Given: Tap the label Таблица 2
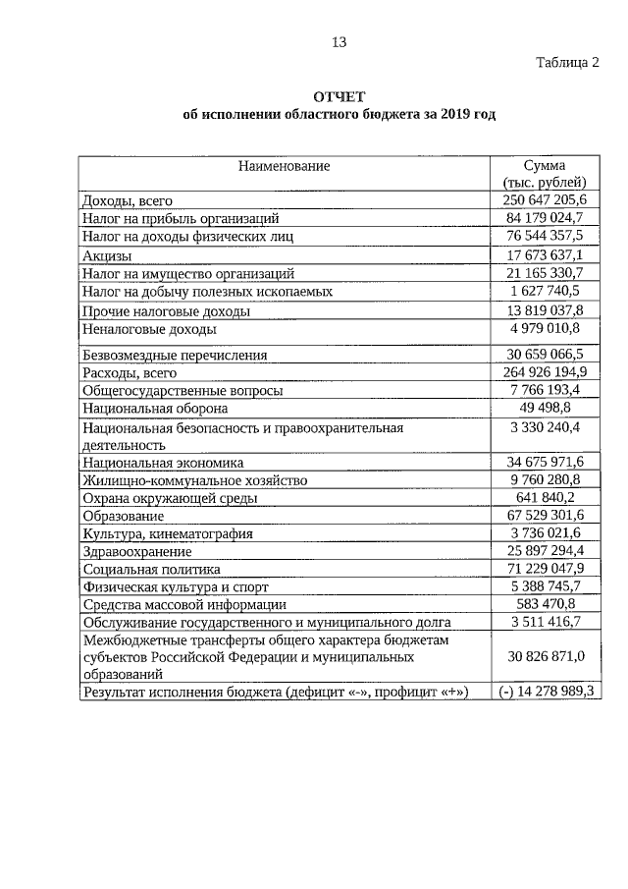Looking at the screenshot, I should pyautogui.click(x=566, y=62).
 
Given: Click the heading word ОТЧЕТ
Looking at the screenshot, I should pyautogui.click(x=339, y=96).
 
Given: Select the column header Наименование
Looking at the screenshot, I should pyautogui.click(x=284, y=166).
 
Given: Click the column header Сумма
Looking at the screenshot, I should pyautogui.click(x=545, y=166).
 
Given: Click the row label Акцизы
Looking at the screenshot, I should pyautogui.click(x=110, y=255).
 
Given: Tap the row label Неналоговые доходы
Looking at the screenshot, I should pyautogui.click(x=149, y=329).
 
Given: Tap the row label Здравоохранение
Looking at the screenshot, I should pyautogui.click(x=137, y=551).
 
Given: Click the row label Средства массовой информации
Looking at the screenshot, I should pyautogui.click(x=184, y=604).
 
